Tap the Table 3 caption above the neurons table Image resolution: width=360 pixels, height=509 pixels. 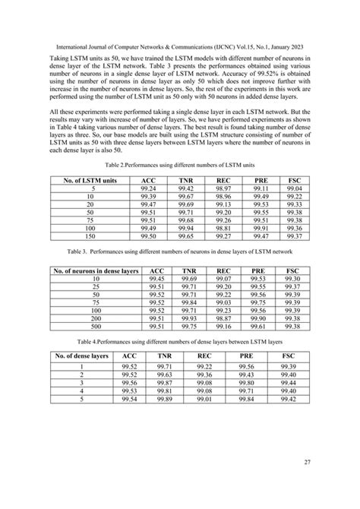[179, 249]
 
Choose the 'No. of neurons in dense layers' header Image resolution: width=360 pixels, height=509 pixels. [96, 270]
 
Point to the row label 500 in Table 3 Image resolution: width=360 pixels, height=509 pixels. [96, 326]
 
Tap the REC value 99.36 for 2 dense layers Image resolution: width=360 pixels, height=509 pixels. [204, 373]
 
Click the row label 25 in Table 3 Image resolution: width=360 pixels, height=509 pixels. [96, 286]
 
